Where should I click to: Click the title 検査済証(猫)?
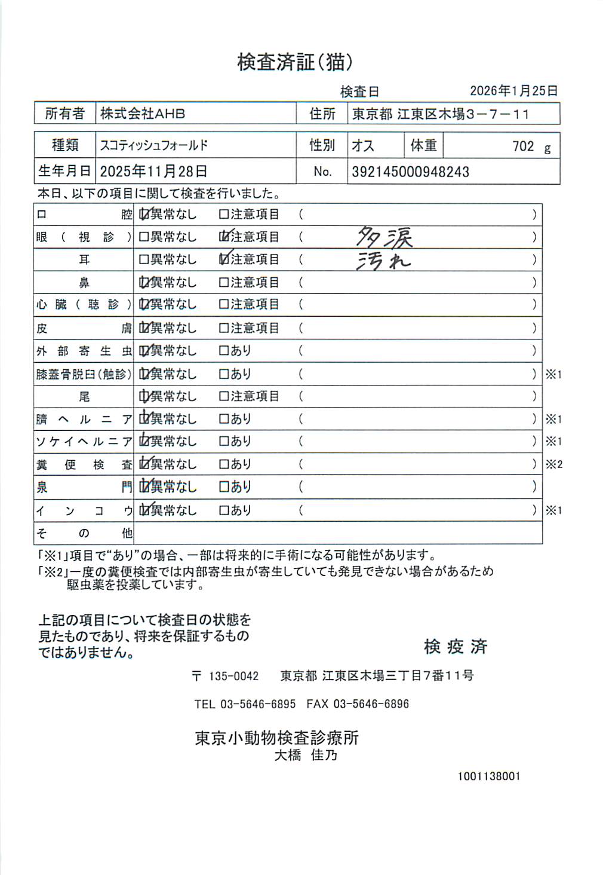(x=295, y=62)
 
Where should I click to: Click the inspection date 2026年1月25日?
(x=513, y=91)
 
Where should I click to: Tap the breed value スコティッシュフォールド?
(x=154, y=145)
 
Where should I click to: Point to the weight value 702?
(x=523, y=146)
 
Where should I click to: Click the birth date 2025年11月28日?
(x=153, y=172)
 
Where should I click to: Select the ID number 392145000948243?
(x=410, y=172)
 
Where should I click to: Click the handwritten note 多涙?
(x=384, y=237)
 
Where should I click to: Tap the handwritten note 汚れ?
(x=383, y=261)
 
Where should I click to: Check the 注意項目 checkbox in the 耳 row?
(x=224, y=259)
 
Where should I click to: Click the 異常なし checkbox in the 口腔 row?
(x=144, y=214)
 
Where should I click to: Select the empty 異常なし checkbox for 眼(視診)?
(x=143, y=237)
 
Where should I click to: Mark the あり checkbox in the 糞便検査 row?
(x=224, y=464)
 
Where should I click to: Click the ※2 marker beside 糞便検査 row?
(x=553, y=464)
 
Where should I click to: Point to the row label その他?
(x=84, y=533)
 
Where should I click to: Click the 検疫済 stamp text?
(x=456, y=646)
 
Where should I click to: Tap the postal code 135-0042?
(x=233, y=676)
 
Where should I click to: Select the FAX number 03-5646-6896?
(x=371, y=704)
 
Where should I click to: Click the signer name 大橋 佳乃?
(x=306, y=755)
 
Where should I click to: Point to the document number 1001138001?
(x=489, y=776)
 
